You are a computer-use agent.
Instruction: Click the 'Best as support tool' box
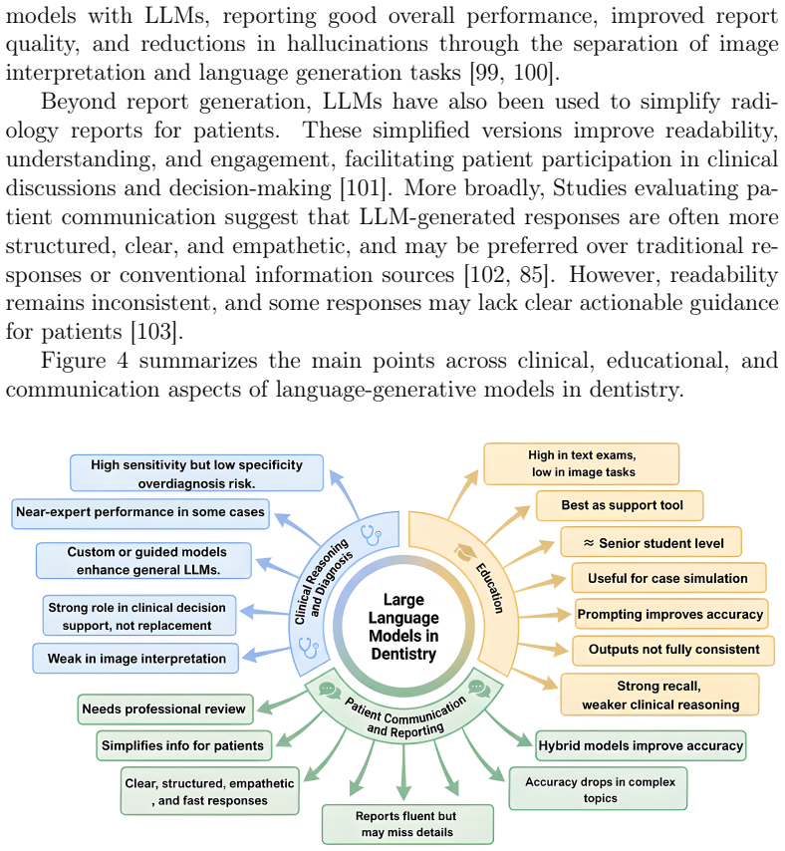coord(620,506)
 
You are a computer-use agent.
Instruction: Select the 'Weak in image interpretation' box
coord(135,659)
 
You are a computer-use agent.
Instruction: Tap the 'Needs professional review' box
coord(165,709)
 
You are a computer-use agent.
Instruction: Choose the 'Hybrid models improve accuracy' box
coord(641,745)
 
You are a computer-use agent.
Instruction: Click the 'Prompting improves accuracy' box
coord(671,614)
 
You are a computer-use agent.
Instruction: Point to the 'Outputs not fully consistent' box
coord(673,650)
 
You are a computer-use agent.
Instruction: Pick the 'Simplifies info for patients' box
coord(183,745)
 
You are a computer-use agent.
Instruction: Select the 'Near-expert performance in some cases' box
coord(140,513)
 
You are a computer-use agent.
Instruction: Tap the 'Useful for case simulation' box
coord(668,578)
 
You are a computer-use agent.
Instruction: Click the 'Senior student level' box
coord(651,542)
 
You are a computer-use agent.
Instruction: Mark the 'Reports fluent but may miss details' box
coord(407,824)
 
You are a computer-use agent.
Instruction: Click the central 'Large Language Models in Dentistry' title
coord(403,627)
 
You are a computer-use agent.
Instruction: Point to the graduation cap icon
coord(465,553)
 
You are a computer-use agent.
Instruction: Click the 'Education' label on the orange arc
coord(490,588)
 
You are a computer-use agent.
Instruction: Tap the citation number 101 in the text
coord(363,188)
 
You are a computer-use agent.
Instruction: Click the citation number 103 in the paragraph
coord(153,332)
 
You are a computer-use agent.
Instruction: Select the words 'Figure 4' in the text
coord(84,361)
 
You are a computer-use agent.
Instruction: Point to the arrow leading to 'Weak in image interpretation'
coord(266,654)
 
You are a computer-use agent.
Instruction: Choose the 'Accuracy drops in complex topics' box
coord(598,788)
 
